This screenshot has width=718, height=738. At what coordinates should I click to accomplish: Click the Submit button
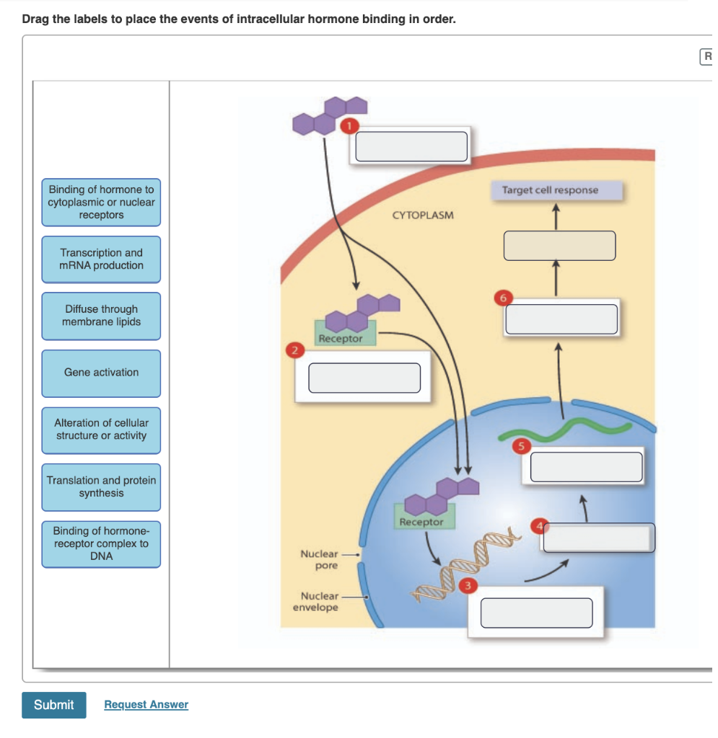53,705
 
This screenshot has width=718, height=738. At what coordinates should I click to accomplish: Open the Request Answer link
146,705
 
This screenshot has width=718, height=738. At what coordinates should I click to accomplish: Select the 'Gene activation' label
101,373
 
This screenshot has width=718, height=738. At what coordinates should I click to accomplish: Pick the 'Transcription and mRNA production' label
101,259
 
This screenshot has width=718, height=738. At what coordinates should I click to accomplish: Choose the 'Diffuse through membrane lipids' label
101,316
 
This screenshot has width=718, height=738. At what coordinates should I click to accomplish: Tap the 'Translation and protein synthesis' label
101,487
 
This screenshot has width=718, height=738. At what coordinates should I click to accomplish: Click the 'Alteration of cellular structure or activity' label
101,430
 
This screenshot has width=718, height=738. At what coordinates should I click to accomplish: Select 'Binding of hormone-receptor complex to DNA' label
101,544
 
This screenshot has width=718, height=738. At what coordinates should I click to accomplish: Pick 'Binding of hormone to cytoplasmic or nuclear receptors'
101,203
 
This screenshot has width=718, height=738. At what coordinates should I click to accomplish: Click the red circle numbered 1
349,126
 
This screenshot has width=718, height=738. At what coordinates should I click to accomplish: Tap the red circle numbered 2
294,351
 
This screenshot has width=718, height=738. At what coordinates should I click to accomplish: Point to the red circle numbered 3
467,585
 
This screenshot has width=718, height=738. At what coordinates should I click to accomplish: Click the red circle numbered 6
504,297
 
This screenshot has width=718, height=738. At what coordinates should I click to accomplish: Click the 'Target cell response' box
550,190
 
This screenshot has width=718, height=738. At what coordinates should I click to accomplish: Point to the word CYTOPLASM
423,215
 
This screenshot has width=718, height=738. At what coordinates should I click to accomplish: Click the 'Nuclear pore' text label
319,559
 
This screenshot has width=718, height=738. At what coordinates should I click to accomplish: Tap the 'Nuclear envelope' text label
315,602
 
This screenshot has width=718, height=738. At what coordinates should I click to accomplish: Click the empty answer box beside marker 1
411,146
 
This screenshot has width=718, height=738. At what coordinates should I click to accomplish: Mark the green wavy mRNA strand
563,430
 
